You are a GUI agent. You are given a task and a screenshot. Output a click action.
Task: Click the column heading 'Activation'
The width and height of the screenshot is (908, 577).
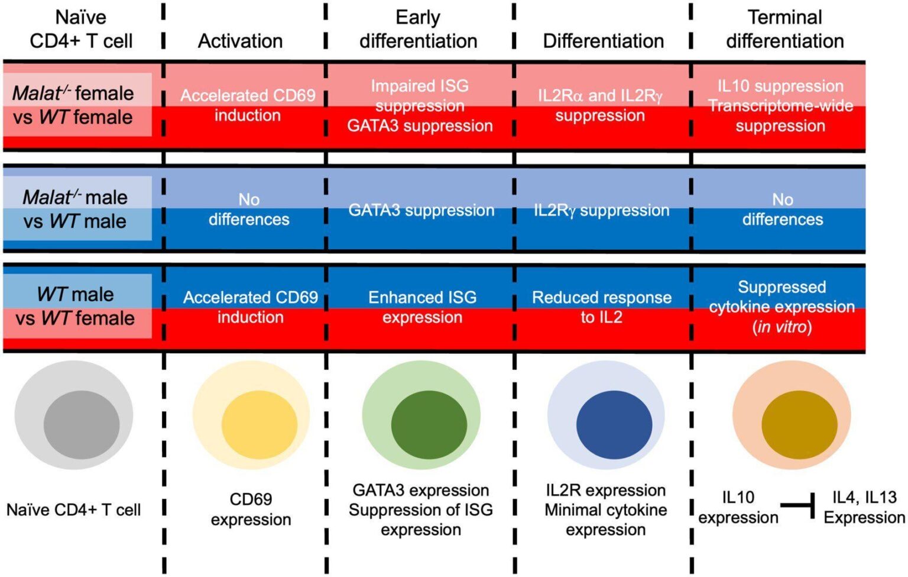click(x=240, y=41)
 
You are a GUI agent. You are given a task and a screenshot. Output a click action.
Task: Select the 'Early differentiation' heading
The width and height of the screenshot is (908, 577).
click(x=419, y=29)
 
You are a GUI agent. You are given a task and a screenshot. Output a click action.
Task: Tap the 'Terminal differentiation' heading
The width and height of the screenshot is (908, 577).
click(x=785, y=29)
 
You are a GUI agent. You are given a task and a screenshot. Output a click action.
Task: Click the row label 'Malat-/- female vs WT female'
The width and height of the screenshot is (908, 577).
click(x=73, y=105)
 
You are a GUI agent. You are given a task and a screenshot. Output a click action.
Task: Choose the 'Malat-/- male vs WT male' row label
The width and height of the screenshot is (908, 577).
click(x=75, y=209)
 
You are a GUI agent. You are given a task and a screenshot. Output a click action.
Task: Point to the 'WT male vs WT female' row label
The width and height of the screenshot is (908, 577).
click(x=76, y=307)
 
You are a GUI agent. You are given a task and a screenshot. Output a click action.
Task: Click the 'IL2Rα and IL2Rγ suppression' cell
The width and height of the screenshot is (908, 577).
click(x=601, y=105)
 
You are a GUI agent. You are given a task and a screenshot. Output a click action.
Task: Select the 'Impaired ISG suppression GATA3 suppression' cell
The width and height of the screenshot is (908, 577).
click(x=420, y=106)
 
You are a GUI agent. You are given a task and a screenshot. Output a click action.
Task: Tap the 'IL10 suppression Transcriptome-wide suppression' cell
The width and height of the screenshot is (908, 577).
click(x=781, y=106)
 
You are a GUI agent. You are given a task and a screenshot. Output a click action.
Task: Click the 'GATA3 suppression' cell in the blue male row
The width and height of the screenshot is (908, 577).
click(x=421, y=210)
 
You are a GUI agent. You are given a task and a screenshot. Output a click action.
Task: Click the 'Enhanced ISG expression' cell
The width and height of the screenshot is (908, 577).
click(x=423, y=307)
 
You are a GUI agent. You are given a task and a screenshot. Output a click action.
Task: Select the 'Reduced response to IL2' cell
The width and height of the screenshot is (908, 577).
click(x=602, y=307)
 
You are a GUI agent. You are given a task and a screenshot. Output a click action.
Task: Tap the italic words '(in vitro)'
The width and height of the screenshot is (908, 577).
click(x=782, y=327)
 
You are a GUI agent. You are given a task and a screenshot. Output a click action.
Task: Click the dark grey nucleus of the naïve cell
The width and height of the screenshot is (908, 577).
click(x=82, y=425)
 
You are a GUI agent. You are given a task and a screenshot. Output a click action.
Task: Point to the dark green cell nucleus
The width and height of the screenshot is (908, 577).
click(x=429, y=425)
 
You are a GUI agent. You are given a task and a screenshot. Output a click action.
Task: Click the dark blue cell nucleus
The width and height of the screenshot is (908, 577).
click(x=614, y=425)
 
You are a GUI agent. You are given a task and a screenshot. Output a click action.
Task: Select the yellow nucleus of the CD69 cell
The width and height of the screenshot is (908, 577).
click(x=260, y=425)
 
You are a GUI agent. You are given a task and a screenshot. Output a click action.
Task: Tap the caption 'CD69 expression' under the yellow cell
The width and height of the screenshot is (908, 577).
click(x=251, y=509)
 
